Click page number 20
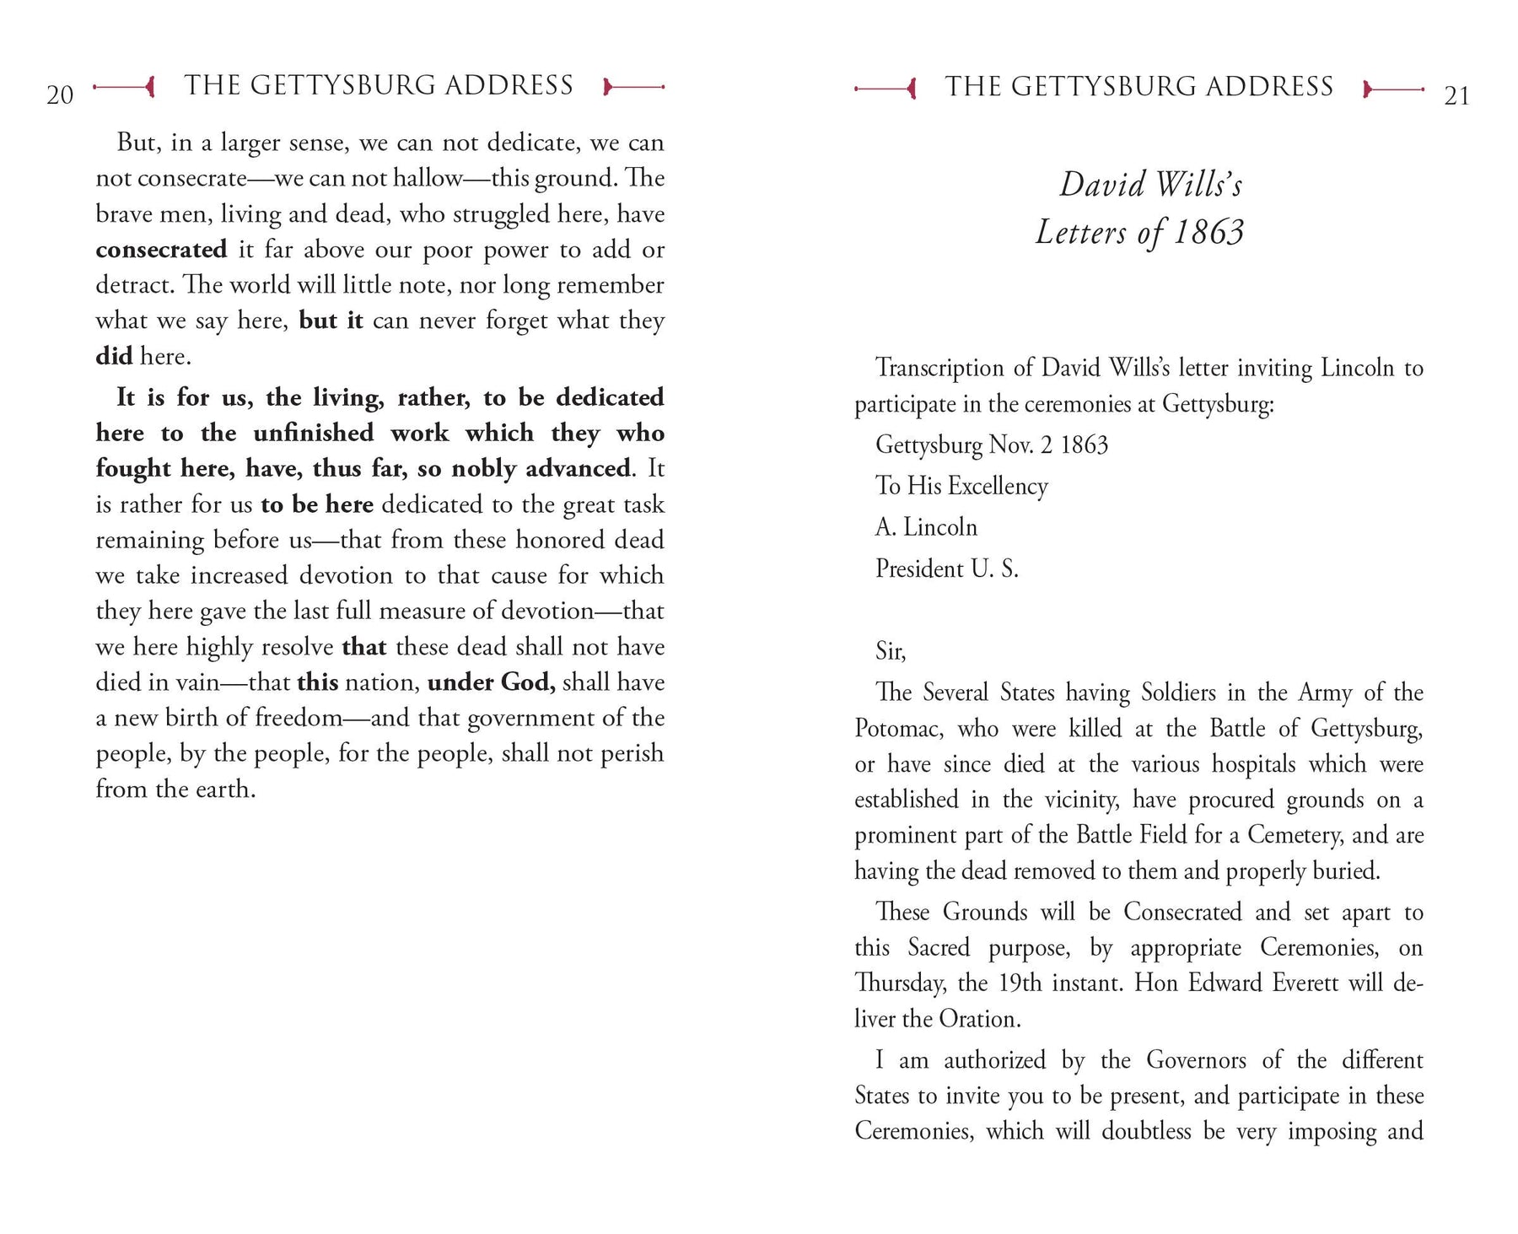tap(60, 95)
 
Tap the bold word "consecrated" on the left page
tap(161, 250)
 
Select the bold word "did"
tap(114, 356)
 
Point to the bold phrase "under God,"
tap(492, 682)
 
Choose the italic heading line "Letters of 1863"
tap(1139, 233)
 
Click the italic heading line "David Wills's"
tap(1150, 185)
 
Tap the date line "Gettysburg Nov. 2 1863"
tap(992, 445)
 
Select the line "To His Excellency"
tap(961, 486)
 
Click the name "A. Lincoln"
tap(926, 527)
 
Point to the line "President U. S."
tap(947, 569)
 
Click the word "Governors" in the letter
tap(1187, 1060)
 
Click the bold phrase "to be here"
tap(317, 504)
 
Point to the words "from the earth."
tap(175, 789)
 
